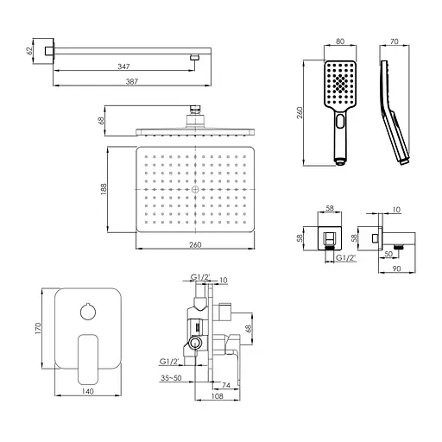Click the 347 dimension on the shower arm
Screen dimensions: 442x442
click(123, 66)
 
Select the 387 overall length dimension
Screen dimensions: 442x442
click(132, 82)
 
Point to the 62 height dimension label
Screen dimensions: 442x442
click(29, 51)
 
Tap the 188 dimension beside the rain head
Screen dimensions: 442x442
click(104, 189)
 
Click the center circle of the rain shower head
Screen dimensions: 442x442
click(195, 189)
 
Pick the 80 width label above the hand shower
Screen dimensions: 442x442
click(340, 41)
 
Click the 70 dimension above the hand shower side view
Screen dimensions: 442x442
click(395, 41)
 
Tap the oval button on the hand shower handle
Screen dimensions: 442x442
click(340, 121)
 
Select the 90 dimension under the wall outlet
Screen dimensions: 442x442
click(396, 268)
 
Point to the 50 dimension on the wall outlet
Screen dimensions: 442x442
click(388, 254)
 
